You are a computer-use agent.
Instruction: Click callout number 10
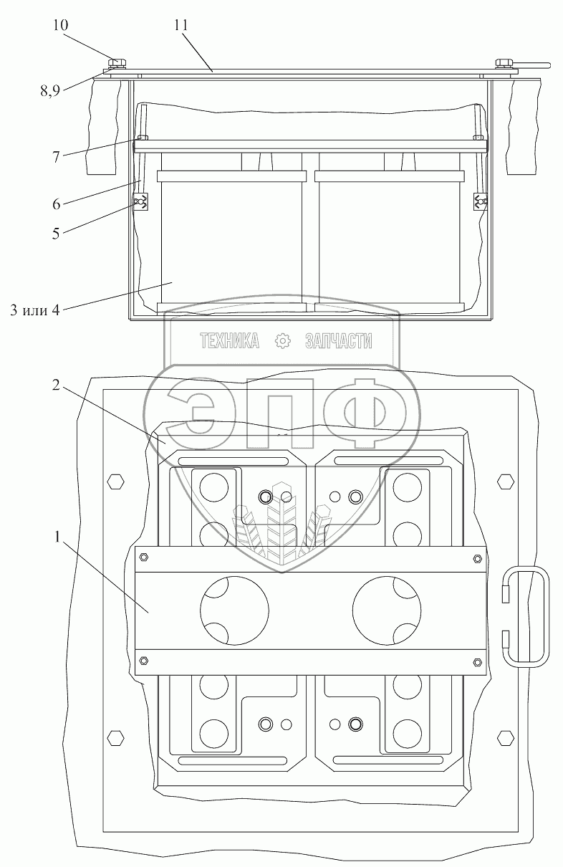[60, 25]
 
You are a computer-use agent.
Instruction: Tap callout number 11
[181, 25]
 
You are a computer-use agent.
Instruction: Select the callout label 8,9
[50, 91]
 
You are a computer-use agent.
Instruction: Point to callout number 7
[56, 157]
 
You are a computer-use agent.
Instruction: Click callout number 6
[57, 203]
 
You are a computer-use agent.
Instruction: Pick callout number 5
[56, 234]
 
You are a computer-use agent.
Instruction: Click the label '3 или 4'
[35, 310]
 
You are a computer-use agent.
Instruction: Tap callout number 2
[56, 385]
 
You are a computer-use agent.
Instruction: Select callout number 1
[57, 537]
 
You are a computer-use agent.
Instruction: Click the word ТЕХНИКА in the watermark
[229, 340]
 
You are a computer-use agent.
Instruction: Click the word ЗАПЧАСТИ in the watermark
[339, 340]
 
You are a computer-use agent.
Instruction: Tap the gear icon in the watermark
[282, 340]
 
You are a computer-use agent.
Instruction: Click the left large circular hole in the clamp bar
[234, 610]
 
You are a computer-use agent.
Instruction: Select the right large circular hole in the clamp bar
[387, 610]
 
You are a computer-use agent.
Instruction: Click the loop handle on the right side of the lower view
[526, 617]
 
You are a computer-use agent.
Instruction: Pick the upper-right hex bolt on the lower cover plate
[506, 482]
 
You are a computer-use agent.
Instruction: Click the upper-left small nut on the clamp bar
[143, 557]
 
